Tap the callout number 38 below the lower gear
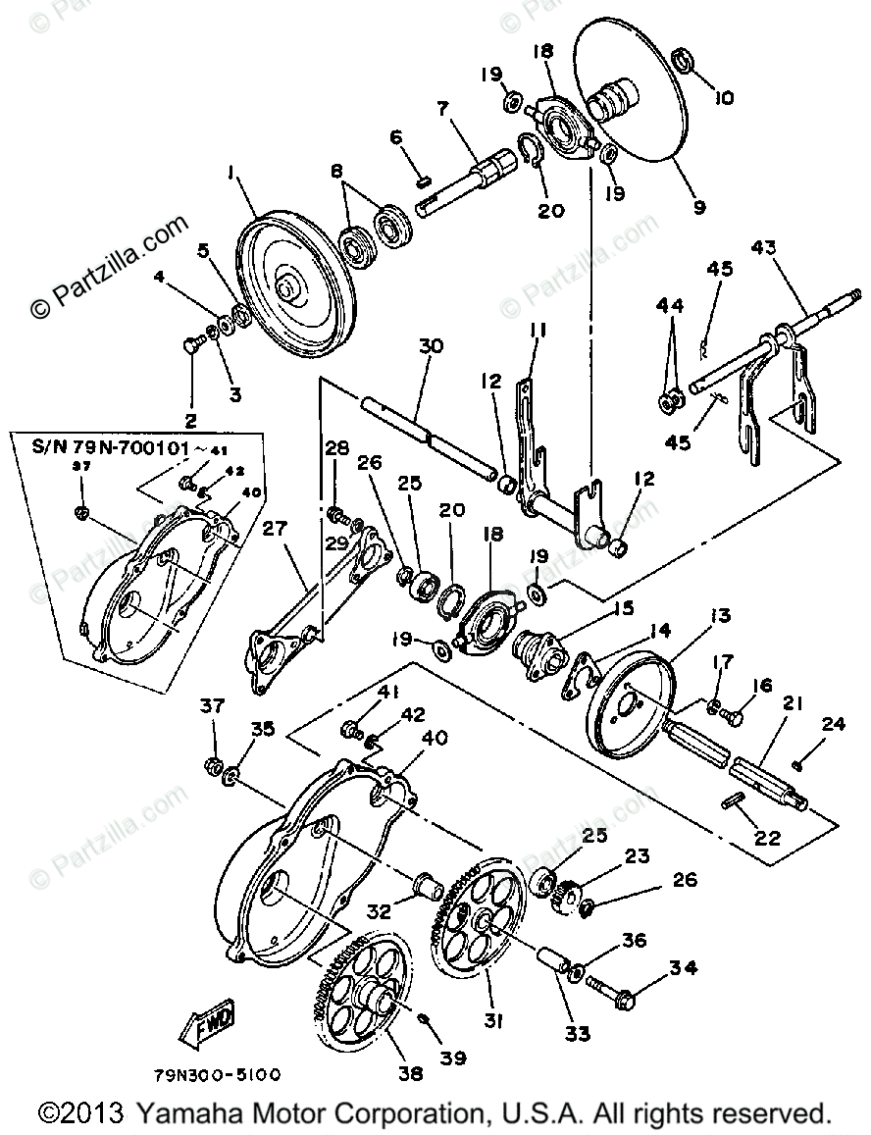pyautogui.click(x=411, y=1073)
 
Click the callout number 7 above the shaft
pyautogui.click(x=443, y=109)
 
